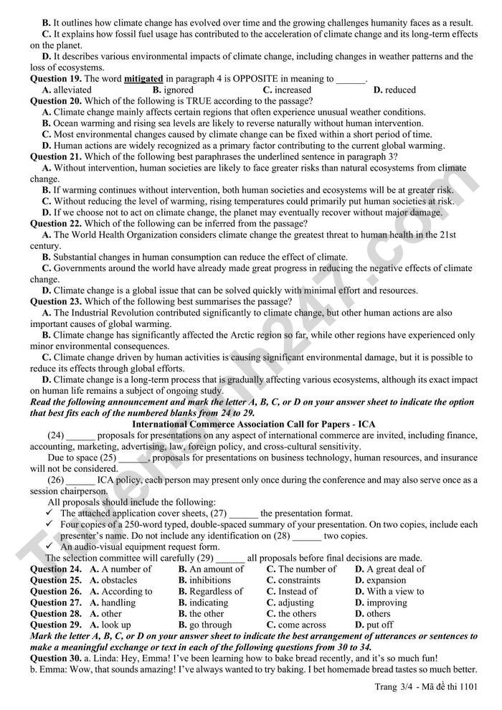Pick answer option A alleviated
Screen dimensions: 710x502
67,90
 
